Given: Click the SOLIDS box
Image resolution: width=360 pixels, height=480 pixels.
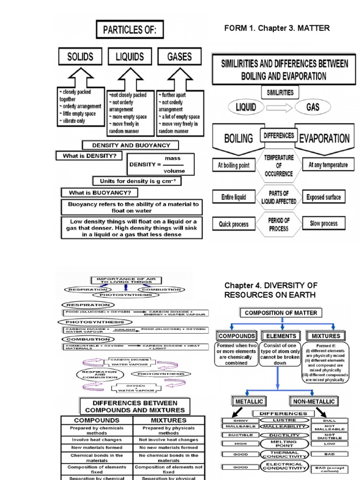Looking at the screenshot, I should [x=81, y=57].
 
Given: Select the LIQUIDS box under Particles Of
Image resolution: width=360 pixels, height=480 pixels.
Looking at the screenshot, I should [x=130, y=57].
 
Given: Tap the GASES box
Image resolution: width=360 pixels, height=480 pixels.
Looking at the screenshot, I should [x=180, y=57].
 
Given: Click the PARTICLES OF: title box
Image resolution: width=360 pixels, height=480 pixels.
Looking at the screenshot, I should [x=130, y=30].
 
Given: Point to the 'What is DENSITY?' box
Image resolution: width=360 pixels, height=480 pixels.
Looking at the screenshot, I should [x=89, y=156].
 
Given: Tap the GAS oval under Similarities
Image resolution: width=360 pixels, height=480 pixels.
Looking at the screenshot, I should [x=313, y=107].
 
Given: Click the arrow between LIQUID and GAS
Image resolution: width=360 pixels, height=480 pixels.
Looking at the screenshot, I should [x=279, y=107].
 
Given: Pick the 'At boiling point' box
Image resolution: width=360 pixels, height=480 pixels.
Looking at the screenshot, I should [x=234, y=165].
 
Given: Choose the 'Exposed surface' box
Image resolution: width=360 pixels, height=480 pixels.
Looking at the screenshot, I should [x=323, y=197].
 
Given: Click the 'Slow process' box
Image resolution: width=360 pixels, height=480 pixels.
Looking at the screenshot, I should [x=323, y=224].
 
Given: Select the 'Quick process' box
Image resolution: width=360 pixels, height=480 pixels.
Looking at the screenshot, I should [x=234, y=224].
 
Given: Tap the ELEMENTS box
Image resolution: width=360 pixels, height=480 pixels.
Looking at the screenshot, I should [x=281, y=336].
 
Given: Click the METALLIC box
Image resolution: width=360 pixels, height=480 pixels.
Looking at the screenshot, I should [x=248, y=401].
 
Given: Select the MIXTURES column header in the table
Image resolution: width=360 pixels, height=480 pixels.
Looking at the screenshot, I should [x=169, y=420].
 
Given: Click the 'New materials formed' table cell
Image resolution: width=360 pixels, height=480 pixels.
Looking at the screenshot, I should [x=97, y=448].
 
